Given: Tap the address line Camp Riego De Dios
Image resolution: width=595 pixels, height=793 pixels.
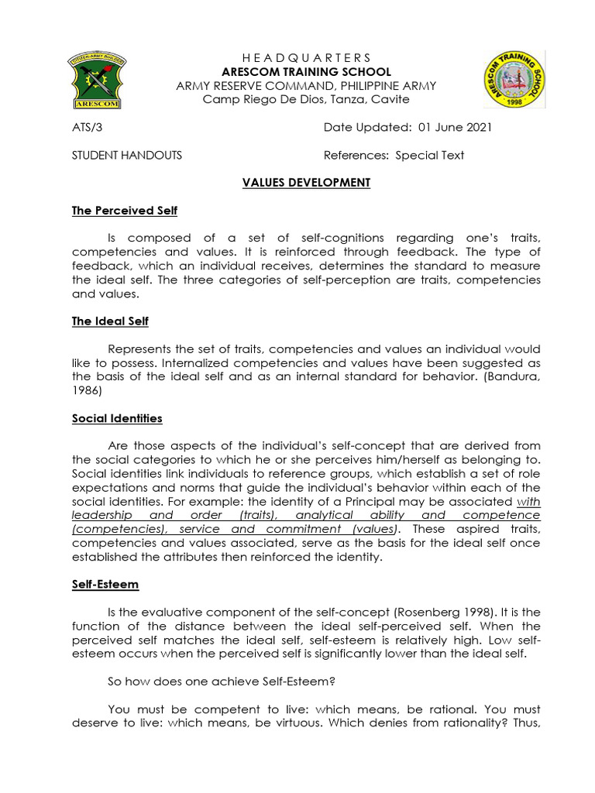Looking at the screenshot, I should coord(307,99).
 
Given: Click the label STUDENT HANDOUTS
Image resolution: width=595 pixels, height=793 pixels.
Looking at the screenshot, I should coord(127,155).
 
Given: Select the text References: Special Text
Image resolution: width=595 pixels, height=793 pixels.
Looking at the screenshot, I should coord(394,155).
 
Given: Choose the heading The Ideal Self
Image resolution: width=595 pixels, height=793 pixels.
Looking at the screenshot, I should coord(110,321).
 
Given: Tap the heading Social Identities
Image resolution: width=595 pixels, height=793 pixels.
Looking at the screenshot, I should coord(117,418).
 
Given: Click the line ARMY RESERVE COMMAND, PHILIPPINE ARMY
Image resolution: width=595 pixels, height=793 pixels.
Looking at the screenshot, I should coord(307,86).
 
